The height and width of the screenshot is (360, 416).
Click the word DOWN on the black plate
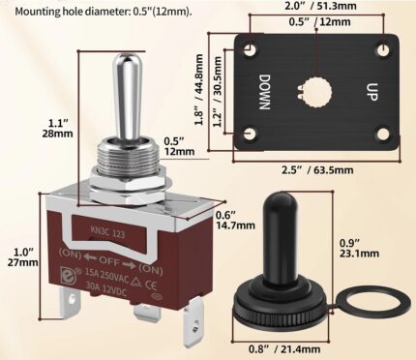(x=265, y=92)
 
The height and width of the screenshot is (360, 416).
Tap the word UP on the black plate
(x=371, y=92)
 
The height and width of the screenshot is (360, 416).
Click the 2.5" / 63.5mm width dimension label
(x=317, y=169)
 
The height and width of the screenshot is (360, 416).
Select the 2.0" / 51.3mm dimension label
(x=320, y=6)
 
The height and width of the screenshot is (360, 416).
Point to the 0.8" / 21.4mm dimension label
(x=284, y=348)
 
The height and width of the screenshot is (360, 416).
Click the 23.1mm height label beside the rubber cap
(x=359, y=254)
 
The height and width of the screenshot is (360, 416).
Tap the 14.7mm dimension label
(x=235, y=225)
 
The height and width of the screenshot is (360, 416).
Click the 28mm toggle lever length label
(x=57, y=134)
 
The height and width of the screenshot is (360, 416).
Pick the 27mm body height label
(x=23, y=262)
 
